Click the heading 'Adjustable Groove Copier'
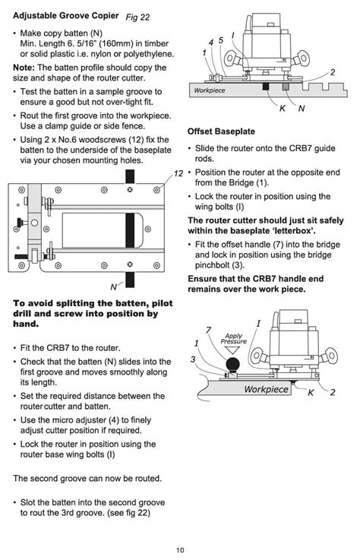(66, 16)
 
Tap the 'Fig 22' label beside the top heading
(137, 17)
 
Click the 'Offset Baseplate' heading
(221, 131)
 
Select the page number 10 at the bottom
(180, 550)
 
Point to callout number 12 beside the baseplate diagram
(178, 173)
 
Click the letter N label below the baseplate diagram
(114, 286)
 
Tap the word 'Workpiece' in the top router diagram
(210, 90)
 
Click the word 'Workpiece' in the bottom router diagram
(266, 389)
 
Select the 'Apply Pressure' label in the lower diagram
(234, 339)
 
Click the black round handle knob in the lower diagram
(232, 365)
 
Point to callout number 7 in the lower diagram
(209, 330)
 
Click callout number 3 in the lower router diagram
(193, 359)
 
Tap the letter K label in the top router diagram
(282, 108)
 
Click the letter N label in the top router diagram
(302, 108)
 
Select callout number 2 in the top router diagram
(333, 72)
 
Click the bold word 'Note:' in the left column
(24, 68)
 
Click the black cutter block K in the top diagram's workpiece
(265, 87)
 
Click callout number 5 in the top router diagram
(221, 40)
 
